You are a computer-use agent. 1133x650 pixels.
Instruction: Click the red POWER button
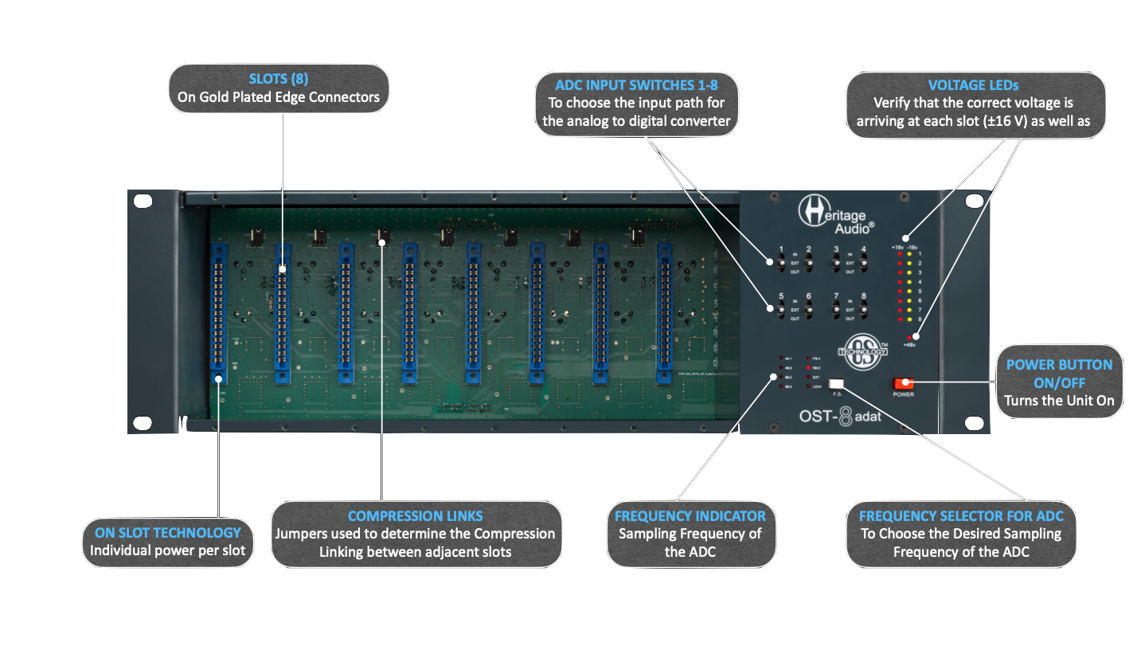click(903, 383)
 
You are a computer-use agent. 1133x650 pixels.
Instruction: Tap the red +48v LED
click(908, 339)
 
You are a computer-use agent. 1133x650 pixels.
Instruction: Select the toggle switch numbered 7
click(836, 309)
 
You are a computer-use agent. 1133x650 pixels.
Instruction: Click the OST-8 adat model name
click(841, 417)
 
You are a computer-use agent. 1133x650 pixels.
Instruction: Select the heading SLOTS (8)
click(279, 79)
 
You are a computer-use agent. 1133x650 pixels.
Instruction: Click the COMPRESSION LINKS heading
click(416, 515)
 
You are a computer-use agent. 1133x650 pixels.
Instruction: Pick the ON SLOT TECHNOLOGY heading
click(167, 532)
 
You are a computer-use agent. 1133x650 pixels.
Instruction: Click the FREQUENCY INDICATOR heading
click(690, 515)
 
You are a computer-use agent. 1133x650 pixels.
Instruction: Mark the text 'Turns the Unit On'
click(1059, 401)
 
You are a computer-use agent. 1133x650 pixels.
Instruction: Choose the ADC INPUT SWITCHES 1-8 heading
click(635, 85)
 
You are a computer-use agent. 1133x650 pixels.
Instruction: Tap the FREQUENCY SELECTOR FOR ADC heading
click(961, 515)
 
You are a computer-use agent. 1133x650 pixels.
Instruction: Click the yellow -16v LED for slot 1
click(909, 254)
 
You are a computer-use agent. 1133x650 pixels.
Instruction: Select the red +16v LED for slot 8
click(900, 319)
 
